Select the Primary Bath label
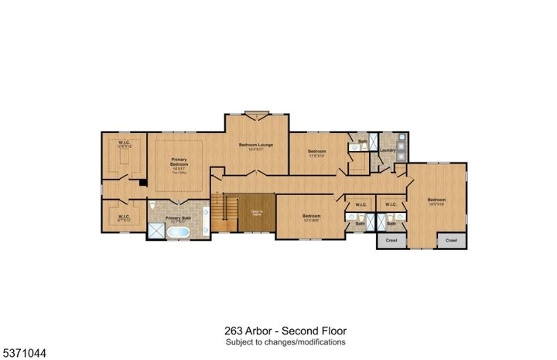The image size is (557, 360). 177,218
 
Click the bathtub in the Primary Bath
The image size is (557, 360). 179,231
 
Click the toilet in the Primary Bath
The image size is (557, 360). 155,207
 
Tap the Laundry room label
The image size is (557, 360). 388,150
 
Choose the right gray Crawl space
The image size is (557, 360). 451,241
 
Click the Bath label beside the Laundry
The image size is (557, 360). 362,142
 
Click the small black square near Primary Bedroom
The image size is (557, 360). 142,183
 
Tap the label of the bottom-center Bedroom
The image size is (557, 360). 312,217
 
